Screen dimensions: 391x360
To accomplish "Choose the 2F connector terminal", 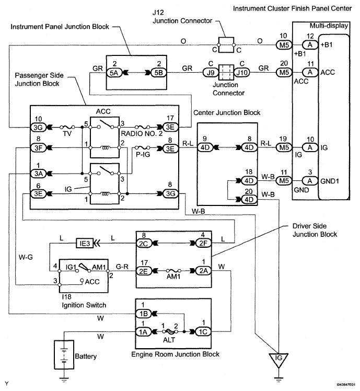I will tap(200, 244).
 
